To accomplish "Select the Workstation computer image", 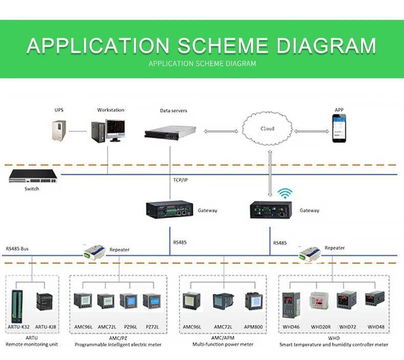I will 107,130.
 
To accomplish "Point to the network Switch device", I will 32,176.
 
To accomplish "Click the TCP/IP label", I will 180,180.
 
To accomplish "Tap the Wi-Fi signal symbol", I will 285,193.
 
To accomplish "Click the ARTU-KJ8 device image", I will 44,303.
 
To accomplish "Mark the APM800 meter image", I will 253,301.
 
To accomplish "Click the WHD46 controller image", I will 289,303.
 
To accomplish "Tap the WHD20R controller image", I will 320,301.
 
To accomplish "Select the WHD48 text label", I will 376,326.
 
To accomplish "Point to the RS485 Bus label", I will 17,249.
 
